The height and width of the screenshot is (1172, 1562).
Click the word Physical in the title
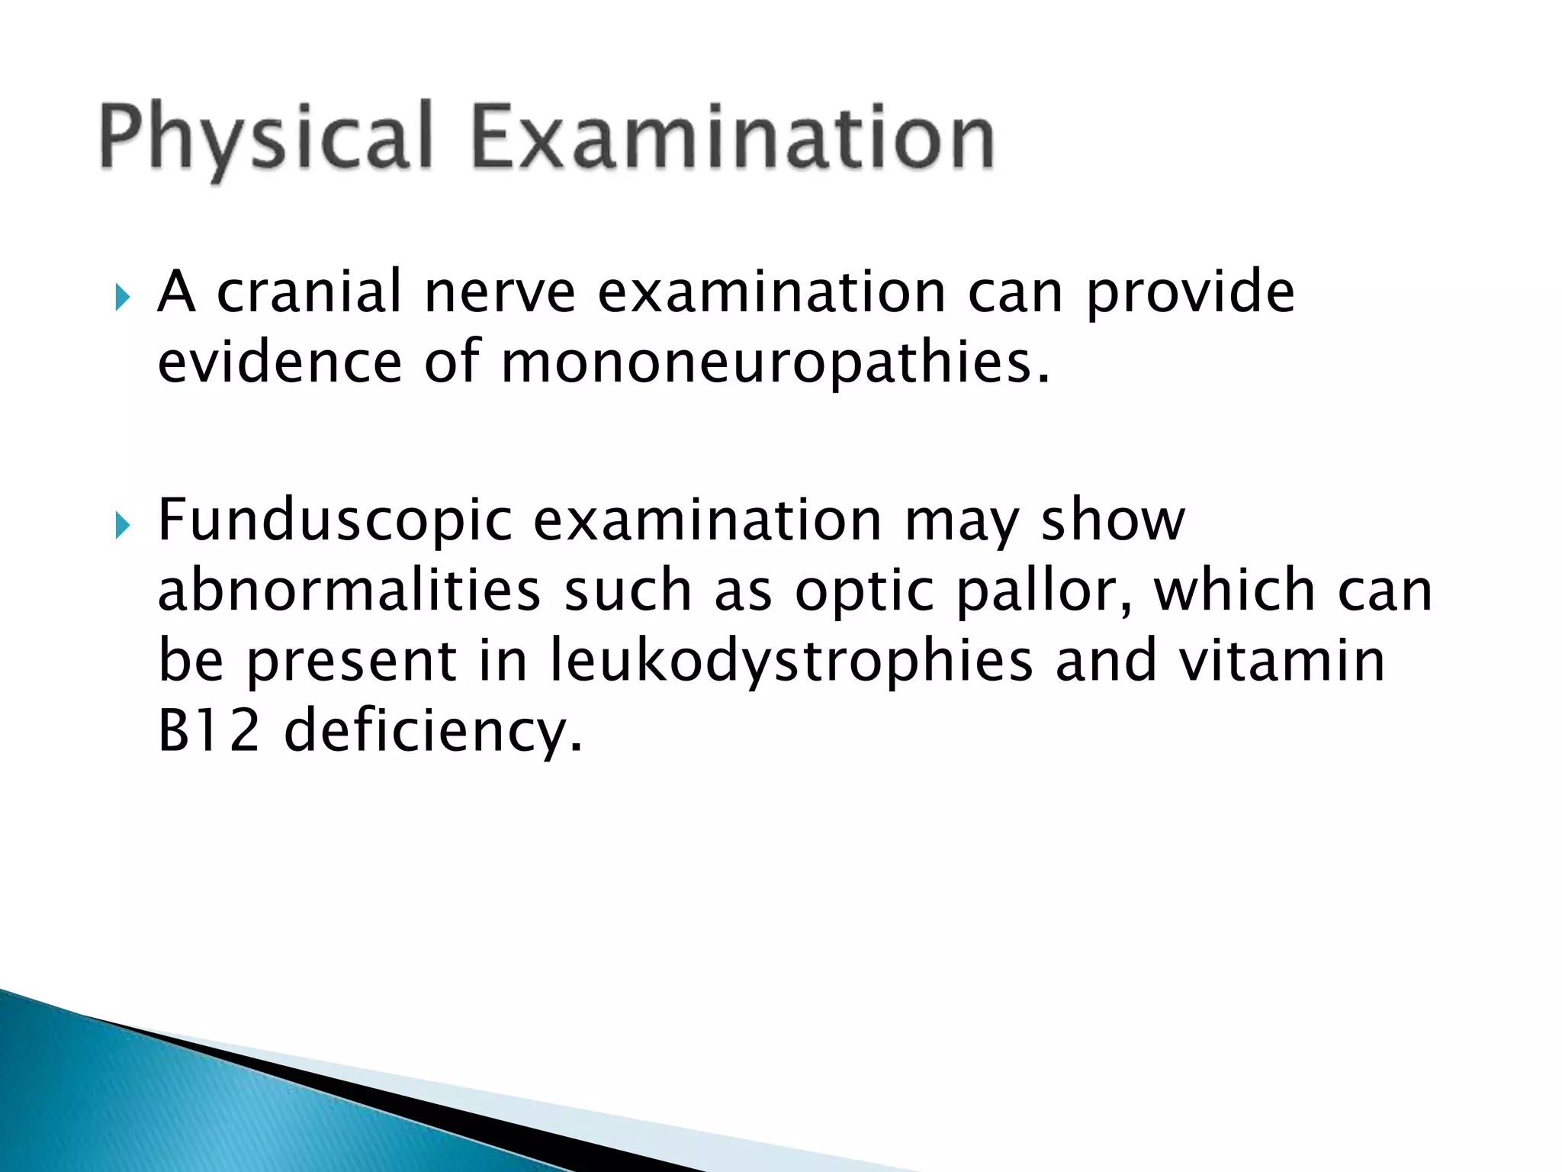point(266,138)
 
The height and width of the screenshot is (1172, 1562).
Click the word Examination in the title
point(733,138)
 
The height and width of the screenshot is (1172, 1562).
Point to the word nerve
point(500,293)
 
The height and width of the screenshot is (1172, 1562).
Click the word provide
point(1190,293)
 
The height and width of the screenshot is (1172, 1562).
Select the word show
point(1113,520)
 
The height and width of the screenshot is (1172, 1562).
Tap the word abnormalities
point(349,591)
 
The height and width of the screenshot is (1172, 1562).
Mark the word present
point(351,662)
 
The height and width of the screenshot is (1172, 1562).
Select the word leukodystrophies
point(791,662)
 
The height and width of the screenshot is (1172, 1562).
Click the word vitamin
point(1281,661)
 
